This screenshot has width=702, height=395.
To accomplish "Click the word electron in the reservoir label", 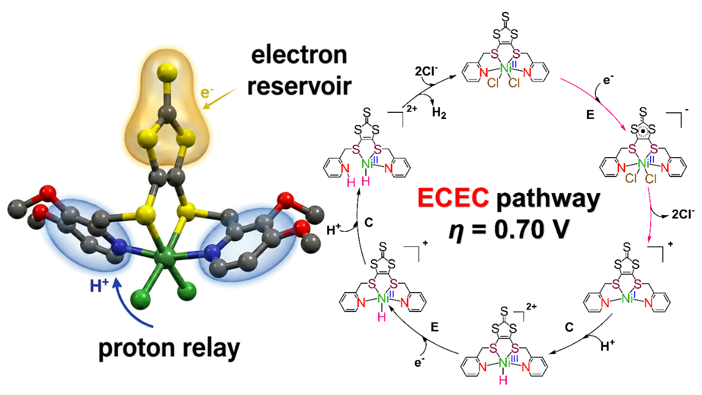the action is (299, 55).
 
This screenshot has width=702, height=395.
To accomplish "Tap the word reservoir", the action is (299, 86).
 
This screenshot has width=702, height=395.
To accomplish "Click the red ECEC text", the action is (453, 197).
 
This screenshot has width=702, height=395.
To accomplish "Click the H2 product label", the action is (439, 112).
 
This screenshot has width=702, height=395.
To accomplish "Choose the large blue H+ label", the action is (99, 286).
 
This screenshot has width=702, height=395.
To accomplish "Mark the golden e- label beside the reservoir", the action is (207, 92).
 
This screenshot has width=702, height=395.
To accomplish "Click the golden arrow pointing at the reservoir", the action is (219, 98).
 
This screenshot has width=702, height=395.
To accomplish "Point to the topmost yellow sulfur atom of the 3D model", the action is (167, 72).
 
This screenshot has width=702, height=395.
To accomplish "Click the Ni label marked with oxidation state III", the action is (504, 363).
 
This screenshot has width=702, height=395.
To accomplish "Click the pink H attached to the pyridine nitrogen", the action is (351, 183).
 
